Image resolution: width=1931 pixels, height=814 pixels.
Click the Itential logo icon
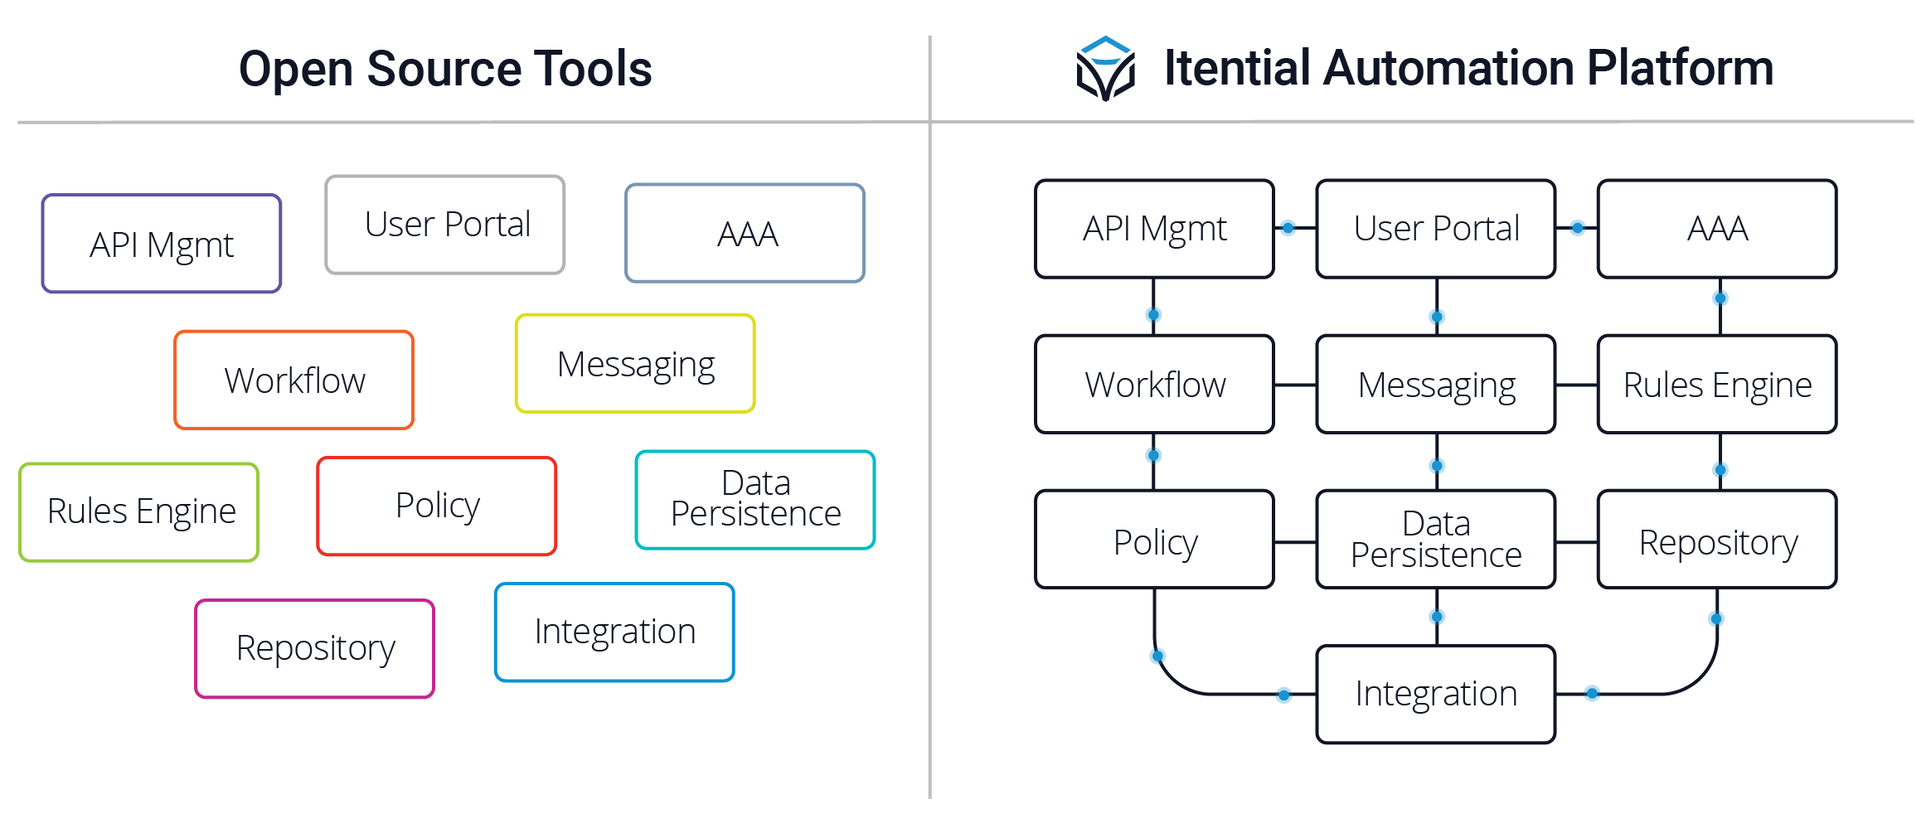1105,68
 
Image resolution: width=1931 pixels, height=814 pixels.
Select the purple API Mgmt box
162,244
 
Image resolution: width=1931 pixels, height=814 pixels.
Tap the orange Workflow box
294,380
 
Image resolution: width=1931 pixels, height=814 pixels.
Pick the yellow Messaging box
635,363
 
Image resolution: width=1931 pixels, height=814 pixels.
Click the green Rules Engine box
139,511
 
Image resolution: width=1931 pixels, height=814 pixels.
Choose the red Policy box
437,506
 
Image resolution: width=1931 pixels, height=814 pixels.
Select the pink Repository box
315,648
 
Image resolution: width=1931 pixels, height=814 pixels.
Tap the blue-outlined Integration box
614,632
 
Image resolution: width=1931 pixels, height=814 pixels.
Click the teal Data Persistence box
755,499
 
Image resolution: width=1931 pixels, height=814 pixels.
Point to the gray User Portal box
445,224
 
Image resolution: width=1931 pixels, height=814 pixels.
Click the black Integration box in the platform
1436,694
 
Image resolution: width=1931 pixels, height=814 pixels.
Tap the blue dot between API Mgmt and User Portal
1288,228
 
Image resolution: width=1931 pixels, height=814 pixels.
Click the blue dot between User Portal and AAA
1578,227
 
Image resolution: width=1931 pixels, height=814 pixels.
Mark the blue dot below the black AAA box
1720,298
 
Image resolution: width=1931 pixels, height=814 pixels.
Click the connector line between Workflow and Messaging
1295,385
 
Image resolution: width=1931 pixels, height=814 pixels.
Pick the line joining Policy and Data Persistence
1295,542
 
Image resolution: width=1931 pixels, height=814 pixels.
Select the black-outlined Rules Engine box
1717,384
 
